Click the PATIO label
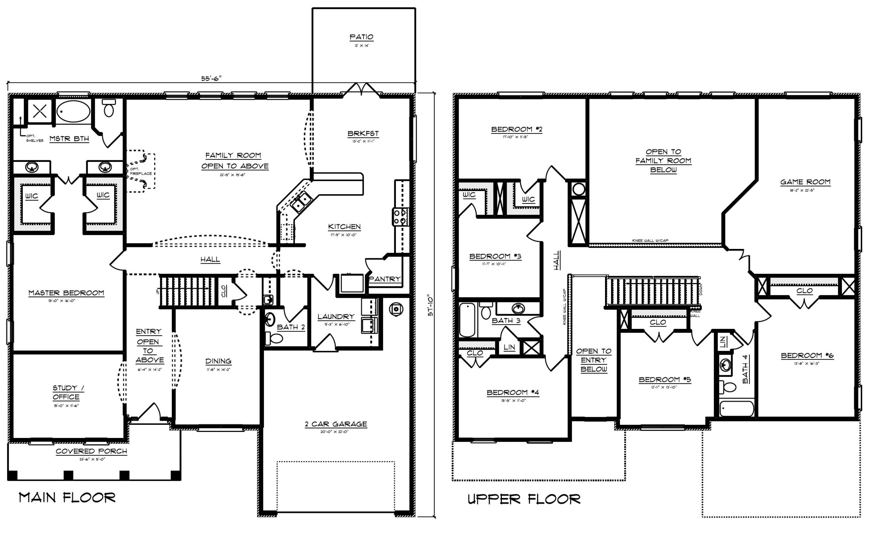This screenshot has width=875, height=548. tap(361, 37)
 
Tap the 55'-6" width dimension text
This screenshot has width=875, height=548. tap(211, 79)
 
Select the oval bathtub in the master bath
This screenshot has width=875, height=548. tap(73, 111)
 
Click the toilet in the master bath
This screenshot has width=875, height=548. tap(109, 108)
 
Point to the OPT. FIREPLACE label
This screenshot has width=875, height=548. tap(141, 171)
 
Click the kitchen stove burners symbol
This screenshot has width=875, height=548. tap(400, 217)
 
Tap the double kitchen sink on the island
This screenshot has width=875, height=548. tap(301, 202)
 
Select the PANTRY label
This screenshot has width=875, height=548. tap(385, 279)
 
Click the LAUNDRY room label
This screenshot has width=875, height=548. tap(336, 317)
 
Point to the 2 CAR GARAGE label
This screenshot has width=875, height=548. tap(336, 424)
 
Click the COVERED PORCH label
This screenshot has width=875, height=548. tap(91, 451)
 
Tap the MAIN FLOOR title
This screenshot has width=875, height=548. tap(67, 498)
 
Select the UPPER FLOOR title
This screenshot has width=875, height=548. tap(524, 499)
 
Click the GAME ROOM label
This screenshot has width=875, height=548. tap(805, 182)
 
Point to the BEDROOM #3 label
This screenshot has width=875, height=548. tap(495, 257)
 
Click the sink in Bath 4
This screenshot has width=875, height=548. tap(725, 365)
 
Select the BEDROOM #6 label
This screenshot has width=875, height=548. tap(807, 355)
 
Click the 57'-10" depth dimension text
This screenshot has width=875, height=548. tap(430, 306)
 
